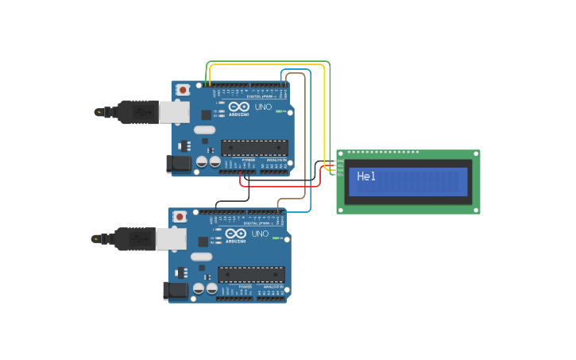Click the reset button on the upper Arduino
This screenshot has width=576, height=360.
click(184, 90)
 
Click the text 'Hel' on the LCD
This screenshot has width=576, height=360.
click(366, 176)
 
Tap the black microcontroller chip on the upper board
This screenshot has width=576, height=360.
click(254, 148)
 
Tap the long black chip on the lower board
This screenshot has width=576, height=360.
click(251, 274)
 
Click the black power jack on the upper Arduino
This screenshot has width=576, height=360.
click(178, 164)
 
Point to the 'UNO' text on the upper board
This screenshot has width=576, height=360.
click(263, 107)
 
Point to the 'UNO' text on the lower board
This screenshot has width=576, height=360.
click(260, 234)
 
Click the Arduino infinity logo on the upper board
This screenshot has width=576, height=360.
click(238, 106)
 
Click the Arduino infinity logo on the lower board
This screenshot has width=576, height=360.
click(235, 233)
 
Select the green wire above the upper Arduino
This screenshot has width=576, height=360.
click(270, 61)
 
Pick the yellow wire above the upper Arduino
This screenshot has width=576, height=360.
click(270, 65)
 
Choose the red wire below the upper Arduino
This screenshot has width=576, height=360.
click(278, 186)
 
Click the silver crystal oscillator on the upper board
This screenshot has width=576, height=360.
click(204, 130)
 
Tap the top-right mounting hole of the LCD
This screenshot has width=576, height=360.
click(476, 153)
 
